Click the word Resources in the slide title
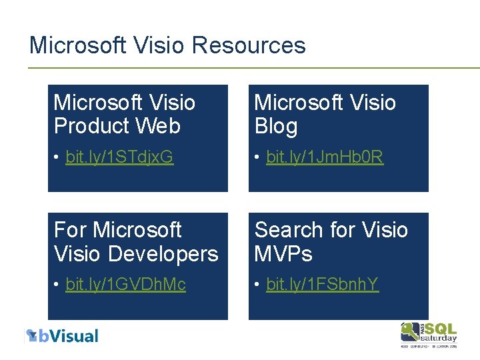pos(248,45)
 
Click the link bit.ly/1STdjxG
pos(119,157)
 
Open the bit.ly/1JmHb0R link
pos(325,157)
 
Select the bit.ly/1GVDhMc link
pos(125,285)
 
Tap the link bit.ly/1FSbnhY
pos(322,285)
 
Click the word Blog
pos(276,127)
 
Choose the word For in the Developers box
pos(70,230)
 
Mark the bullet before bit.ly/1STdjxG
pos(58,158)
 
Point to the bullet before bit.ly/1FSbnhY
pos(259,285)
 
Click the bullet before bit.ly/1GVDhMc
pos(58,285)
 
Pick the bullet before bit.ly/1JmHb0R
pos(259,158)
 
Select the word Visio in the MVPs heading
pos(382,230)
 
